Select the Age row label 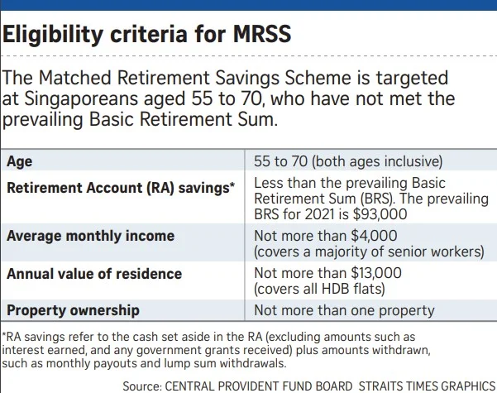[x=19, y=161]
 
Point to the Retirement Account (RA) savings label [x=120, y=188]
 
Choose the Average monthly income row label [x=90, y=236]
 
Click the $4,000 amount [x=361, y=236]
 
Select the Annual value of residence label [x=94, y=273]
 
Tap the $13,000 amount [x=365, y=273]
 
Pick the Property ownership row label [x=73, y=310]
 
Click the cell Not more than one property [x=343, y=310]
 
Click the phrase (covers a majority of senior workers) [x=369, y=252]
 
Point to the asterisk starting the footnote [x=4, y=337]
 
